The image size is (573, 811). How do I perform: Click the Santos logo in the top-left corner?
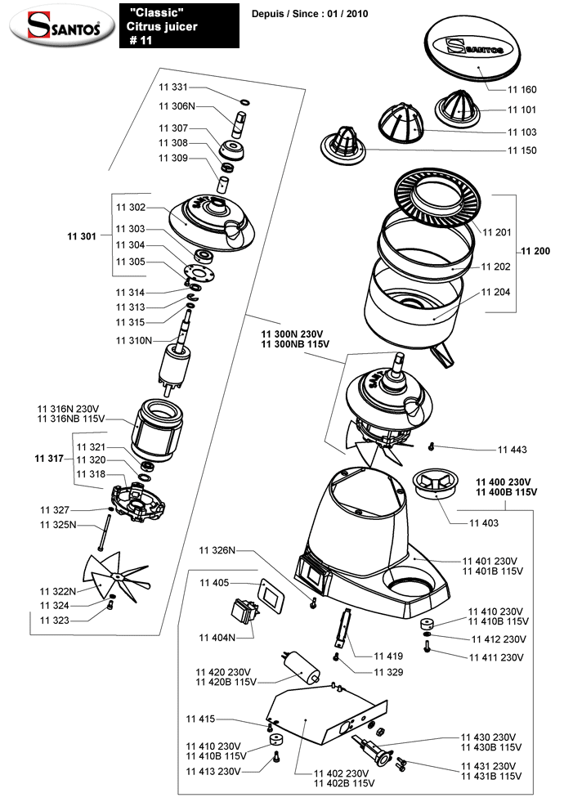pyautogui.click(x=57, y=27)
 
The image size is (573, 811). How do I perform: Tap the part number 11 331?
pyautogui.click(x=173, y=87)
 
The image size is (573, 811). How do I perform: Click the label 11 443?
pyautogui.click(x=512, y=450)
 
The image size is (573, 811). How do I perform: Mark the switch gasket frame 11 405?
pyautogui.click(x=270, y=593)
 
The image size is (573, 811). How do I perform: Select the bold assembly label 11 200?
pyautogui.click(x=535, y=251)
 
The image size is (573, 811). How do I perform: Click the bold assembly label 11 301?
pyautogui.click(x=82, y=236)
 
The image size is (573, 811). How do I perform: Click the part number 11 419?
pyautogui.click(x=388, y=656)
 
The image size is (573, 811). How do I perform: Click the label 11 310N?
pyautogui.click(x=134, y=339)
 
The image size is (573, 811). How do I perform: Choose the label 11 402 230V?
pyautogui.click(x=341, y=773)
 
